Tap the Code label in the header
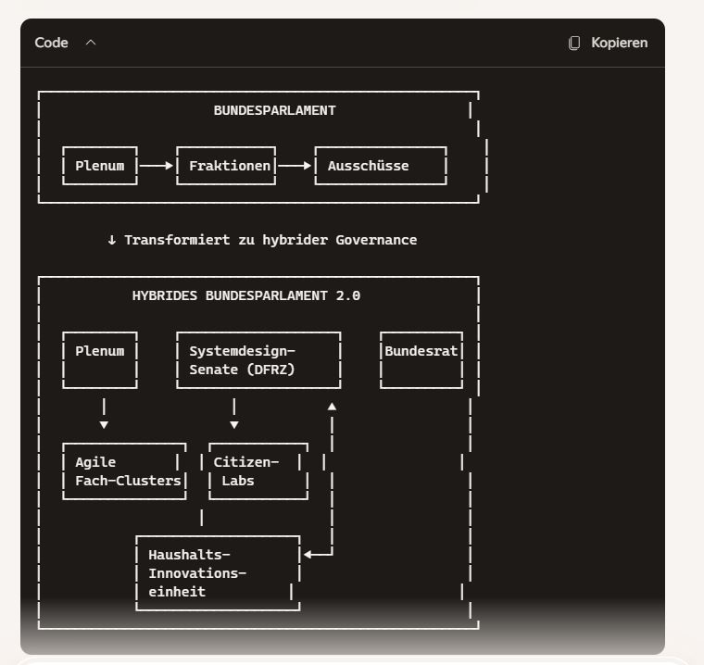coord(51,43)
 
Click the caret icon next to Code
coord(91,43)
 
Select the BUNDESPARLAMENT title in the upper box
coord(274,110)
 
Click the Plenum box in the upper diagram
coord(100,166)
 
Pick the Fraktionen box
coord(226,166)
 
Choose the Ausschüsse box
coord(380,166)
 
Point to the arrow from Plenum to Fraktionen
coord(157,166)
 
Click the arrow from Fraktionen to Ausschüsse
coord(295,166)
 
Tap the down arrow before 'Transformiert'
coord(112,240)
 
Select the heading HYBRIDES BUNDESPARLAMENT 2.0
coord(246,296)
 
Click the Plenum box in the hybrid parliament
coord(100,359)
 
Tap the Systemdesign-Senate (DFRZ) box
coord(258,360)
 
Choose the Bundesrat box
coord(421,359)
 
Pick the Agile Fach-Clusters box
coord(124,471)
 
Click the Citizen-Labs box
coord(258,471)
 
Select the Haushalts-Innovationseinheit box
coord(218,573)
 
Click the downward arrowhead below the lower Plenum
coord(104,424)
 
